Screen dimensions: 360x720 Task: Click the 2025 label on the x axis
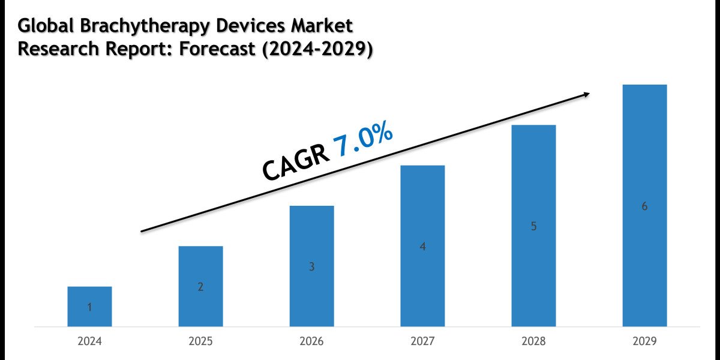click(200, 341)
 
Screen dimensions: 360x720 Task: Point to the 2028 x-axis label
click(533, 341)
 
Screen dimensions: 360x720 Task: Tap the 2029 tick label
click(644, 341)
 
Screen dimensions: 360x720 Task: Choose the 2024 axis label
click(89, 341)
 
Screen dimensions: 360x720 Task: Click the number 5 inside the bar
click(533, 227)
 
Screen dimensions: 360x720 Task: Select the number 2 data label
click(200, 287)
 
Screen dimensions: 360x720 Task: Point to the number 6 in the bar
click(644, 206)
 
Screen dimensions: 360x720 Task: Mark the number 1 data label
click(89, 308)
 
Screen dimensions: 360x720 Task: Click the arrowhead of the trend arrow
click(585, 94)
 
